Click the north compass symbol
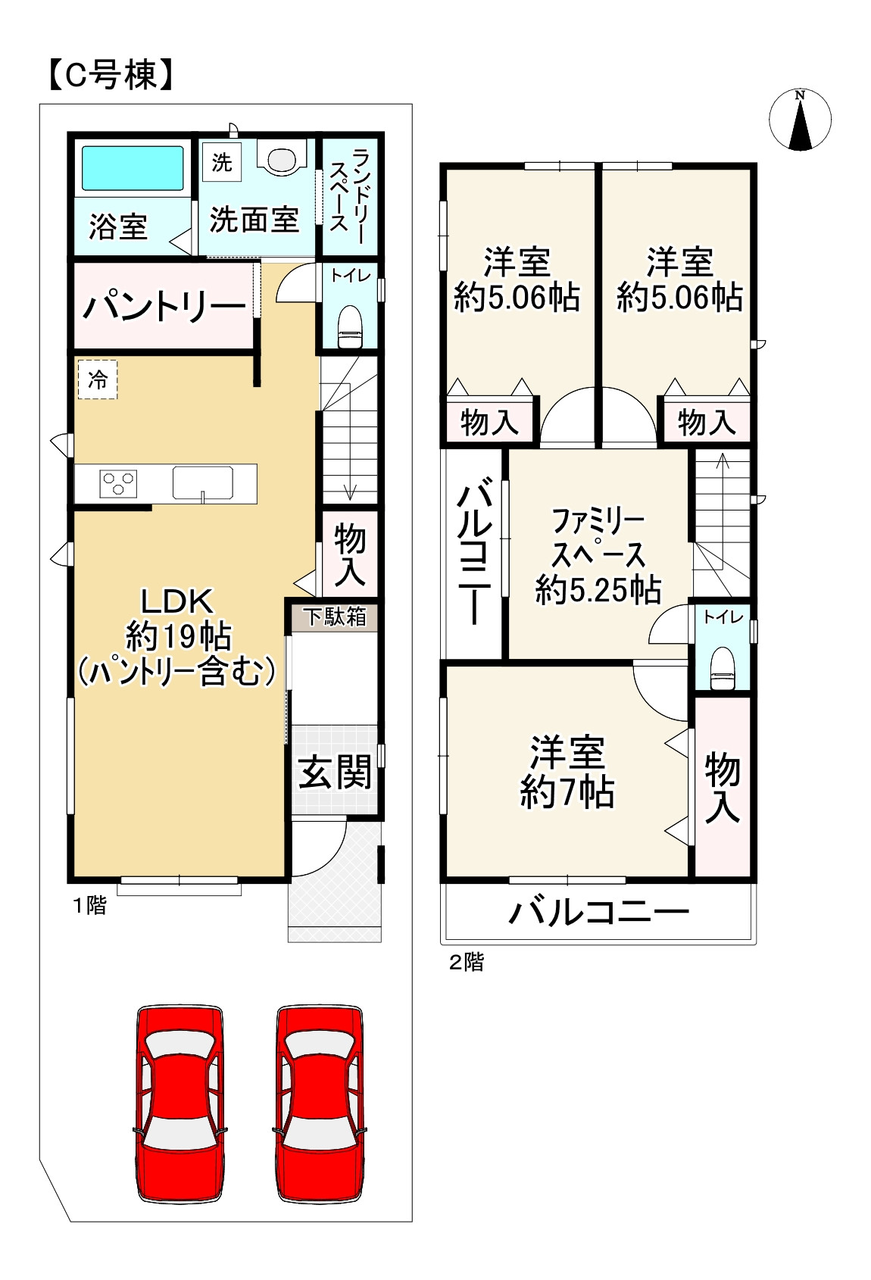point(800,120)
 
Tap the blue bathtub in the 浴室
point(133,168)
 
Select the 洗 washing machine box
point(222,162)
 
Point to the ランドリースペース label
point(348,195)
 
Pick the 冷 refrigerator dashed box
point(98,379)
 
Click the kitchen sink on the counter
point(202,483)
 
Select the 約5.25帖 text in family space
point(598,589)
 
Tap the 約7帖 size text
point(567,792)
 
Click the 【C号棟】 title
point(111,76)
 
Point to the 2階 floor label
point(466,962)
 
